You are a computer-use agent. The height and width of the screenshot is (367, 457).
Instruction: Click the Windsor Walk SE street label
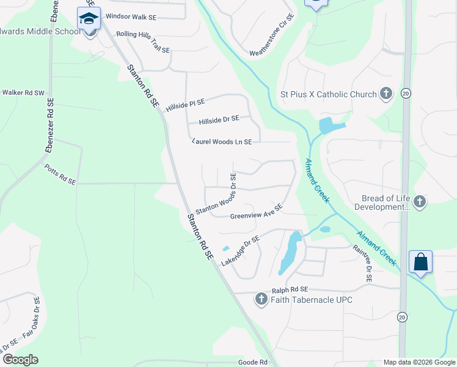(x=131, y=17)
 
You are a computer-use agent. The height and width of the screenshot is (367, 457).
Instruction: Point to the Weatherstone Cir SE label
(x=272, y=35)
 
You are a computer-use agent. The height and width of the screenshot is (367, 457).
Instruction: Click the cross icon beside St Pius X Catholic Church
(x=386, y=94)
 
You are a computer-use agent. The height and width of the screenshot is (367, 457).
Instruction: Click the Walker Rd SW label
(x=24, y=93)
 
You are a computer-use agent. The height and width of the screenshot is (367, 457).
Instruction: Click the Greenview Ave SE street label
(x=256, y=212)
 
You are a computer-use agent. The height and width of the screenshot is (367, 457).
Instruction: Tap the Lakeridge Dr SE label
(x=240, y=251)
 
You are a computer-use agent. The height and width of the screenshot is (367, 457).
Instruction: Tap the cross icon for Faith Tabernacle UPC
(x=261, y=299)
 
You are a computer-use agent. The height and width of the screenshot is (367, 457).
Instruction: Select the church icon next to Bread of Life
(x=419, y=201)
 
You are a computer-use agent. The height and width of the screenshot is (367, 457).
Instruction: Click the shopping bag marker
(x=421, y=262)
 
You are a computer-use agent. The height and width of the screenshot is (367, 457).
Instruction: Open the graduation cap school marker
(x=89, y=19)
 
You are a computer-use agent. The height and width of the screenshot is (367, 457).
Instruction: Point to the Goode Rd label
(x=253, y=362)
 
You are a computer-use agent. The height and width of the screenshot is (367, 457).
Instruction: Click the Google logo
(x=20, y=360)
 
